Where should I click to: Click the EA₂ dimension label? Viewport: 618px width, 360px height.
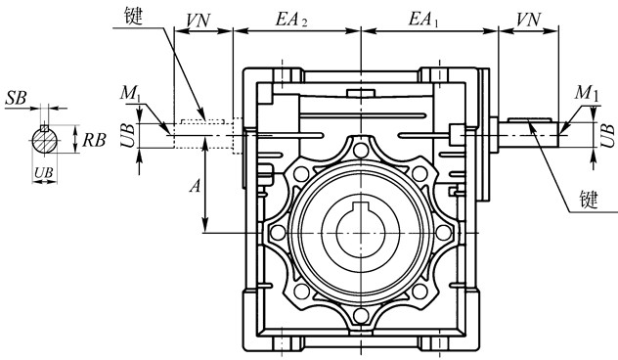click(x=290, y=19)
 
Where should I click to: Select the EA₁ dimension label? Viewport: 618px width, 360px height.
click(x=423, y=19)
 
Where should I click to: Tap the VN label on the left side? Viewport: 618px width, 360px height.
click(x=198, y=21)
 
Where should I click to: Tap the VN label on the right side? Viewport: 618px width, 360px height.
click(x=529, y=19)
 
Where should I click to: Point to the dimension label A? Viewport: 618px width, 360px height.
click(x=196, y=185)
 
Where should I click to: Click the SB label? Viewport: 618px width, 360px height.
click(x=17, y=98)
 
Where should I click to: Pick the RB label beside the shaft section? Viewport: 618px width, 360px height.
click(x=94, y=140)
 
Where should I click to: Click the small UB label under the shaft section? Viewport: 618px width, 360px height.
click(x=43, y=172)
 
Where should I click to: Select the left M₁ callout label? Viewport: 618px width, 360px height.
click(x=130, y=93)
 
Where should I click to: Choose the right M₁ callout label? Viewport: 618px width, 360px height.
click(x=587, y=93)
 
